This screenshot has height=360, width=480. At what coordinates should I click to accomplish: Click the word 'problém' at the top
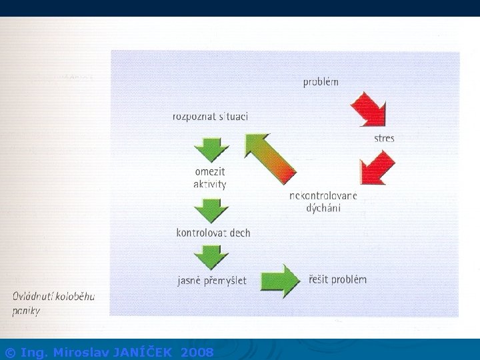321,82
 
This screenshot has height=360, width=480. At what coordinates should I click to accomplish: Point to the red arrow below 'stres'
377,168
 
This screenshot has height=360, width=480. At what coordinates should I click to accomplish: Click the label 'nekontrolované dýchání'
323,201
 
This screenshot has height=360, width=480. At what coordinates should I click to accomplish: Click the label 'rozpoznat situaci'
210,117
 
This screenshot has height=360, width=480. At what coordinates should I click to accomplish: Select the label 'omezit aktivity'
210,178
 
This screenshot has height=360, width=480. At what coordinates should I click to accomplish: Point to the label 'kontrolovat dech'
213,233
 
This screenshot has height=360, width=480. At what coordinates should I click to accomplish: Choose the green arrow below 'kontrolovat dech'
211,256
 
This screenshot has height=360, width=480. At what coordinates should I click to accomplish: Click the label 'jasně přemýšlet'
211,281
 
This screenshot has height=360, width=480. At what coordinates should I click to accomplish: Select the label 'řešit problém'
337,279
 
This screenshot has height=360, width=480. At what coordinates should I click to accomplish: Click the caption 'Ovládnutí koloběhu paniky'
54,303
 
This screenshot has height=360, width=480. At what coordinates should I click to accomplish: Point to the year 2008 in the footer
197,352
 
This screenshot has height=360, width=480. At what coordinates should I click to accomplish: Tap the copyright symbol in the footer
10,352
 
